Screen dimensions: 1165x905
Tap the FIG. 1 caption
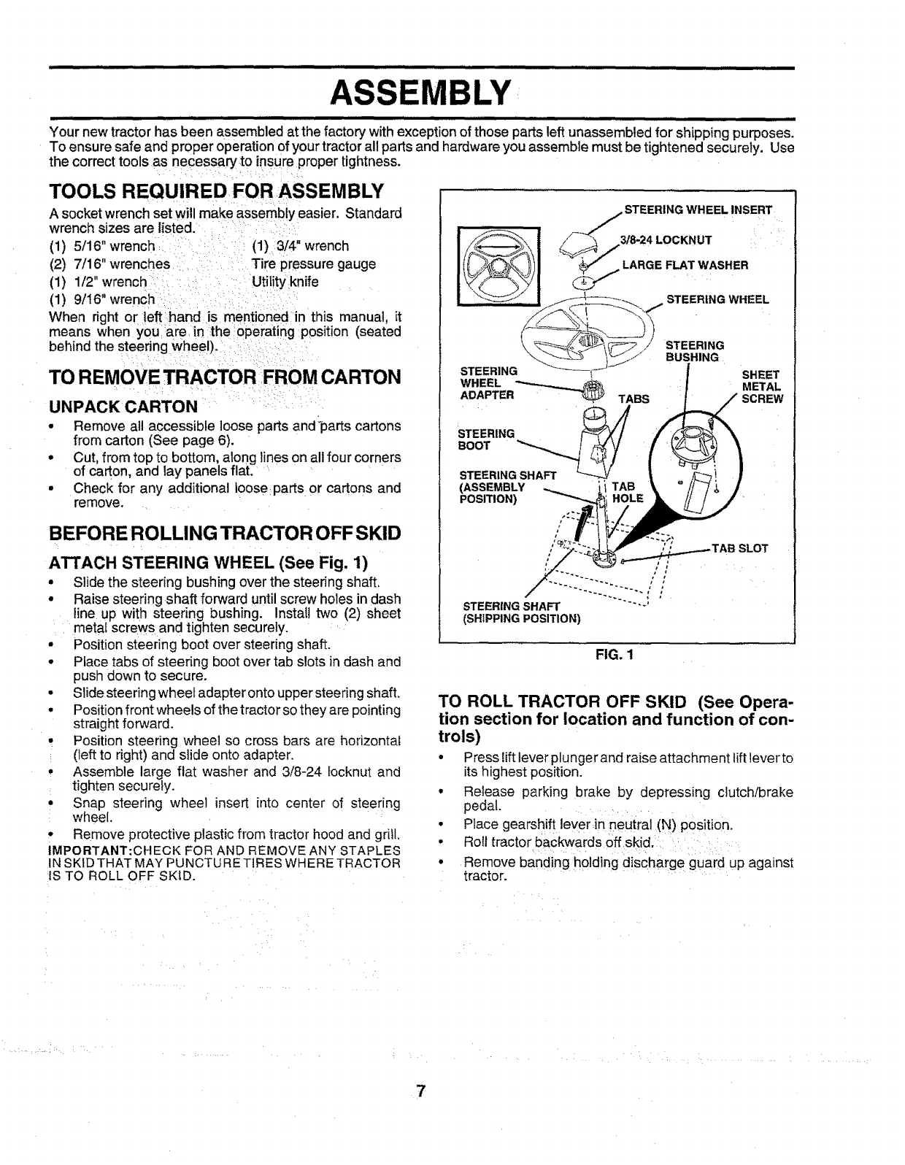pos(617,655)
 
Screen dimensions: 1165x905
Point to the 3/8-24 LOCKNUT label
pos(665,240)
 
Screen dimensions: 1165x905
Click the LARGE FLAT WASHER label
pos(685,265)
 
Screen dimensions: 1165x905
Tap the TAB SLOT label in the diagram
pos(740,548)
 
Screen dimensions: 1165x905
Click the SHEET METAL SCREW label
pos(762,386)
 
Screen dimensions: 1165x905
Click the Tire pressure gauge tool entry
pos(314,264)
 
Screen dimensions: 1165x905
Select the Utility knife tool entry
pos(285,281)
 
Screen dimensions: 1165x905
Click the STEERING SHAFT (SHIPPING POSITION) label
pos(522,613)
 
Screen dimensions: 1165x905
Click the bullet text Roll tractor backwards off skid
pos(561,843)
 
